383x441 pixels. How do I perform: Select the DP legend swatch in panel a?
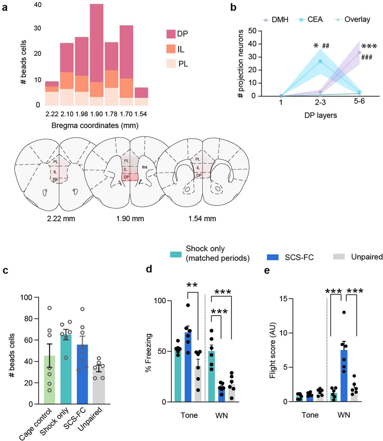[171, 34]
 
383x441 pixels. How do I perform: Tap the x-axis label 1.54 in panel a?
[141, 114]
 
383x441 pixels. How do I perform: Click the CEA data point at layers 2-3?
[320, 61]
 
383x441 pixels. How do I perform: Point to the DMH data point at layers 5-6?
[359, 53]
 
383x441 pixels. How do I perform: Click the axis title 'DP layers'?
[321, 115]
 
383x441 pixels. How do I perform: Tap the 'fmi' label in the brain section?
[145, 167]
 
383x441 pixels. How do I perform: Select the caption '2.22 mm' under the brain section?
[61, 219]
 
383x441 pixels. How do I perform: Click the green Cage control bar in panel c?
[49, 380]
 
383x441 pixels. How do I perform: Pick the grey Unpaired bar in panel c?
[99, 387]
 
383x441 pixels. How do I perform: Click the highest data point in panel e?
[344, 312]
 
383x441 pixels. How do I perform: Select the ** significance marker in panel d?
[192, 285]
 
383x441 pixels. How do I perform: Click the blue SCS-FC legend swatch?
[273, 257]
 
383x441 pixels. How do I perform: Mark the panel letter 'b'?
[233, 7]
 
